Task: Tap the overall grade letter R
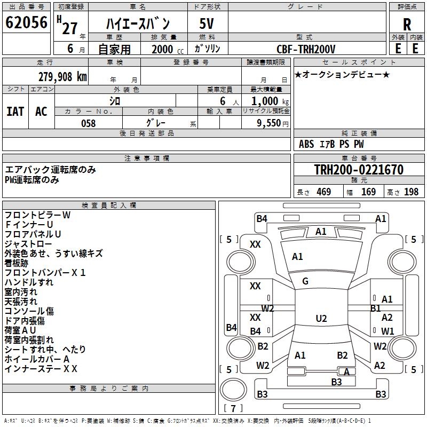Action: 407,25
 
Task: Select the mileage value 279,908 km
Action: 62,77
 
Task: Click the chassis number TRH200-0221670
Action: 359,170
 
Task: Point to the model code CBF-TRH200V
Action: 306,49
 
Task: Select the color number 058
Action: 88,123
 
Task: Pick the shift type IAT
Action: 15,112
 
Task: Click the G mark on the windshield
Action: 305,281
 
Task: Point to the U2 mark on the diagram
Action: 321,319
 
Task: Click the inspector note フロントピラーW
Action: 37,215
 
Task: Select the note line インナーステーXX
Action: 41,369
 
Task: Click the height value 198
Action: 412,192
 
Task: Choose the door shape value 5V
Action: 207,23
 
